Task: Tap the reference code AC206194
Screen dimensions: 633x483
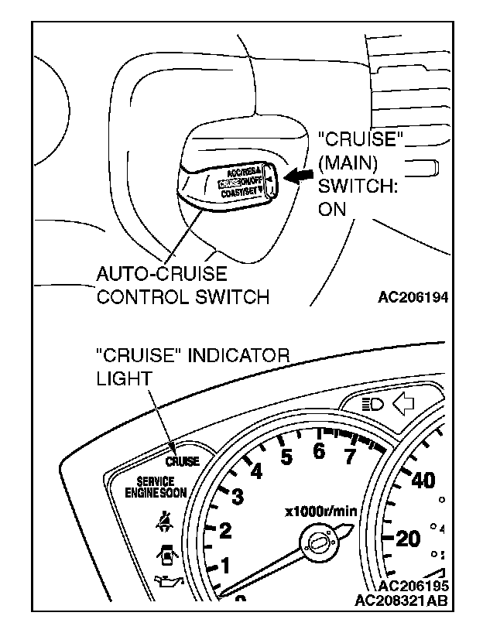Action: click(414, 296)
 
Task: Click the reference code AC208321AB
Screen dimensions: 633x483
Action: click(402, 600)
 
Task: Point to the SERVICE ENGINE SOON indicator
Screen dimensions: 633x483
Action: click(155, 487)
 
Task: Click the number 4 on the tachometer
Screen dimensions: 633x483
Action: click(256, 470)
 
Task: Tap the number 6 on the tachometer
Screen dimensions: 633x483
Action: click(318, 451)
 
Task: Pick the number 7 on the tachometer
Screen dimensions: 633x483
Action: click(349, 457)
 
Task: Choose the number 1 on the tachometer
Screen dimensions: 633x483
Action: click(225, 566)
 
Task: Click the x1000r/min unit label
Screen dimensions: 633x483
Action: click(320, 510)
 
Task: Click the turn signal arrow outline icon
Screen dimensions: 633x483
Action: click(403, 403)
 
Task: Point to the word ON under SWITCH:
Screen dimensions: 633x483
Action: click(333, 209)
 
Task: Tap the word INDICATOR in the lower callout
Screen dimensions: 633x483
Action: click(233, 356)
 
